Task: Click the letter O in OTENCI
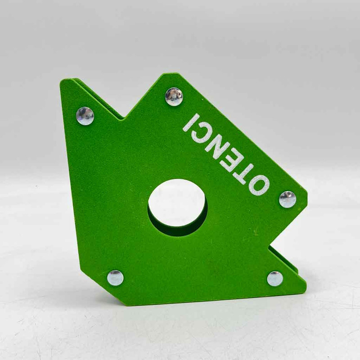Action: [259, 186]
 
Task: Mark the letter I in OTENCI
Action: [191, 122]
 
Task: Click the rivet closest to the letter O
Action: [288, 199]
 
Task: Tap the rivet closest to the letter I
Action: [174, 96]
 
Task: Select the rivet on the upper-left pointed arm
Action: [85, 116]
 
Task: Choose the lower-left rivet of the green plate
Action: [115, 278]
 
